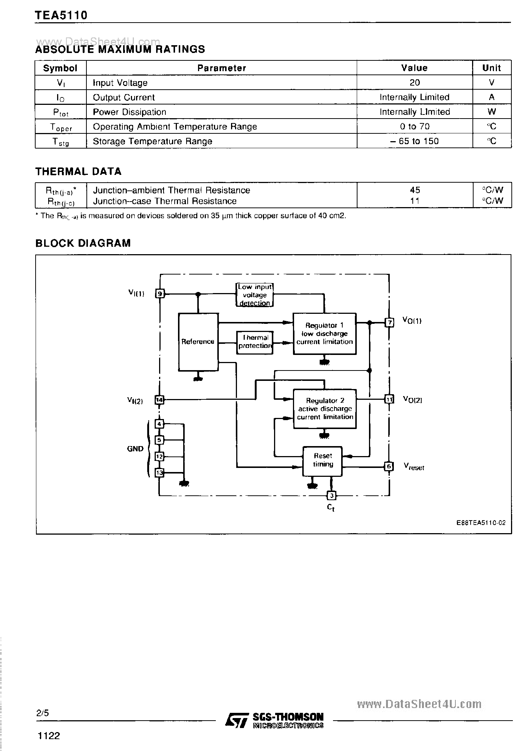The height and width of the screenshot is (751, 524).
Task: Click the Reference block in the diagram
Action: [x=198, y=342]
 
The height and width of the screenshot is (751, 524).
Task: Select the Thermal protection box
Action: [x=255, y=342]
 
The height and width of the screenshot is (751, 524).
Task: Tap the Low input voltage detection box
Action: [x=254, y=295]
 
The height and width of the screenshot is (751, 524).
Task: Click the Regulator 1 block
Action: [x=324, y=333]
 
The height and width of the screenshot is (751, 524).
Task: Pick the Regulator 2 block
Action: [x=324, y=409]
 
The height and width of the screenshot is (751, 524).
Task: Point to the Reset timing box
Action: [x=323, y=461]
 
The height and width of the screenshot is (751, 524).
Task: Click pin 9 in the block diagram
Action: [x=159, y=294]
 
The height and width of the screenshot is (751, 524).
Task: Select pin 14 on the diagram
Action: [x=159, y=400]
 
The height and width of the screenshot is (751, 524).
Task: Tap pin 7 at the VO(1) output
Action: [x=389, y=322]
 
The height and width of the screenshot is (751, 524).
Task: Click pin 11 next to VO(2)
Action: [x=389, y=399]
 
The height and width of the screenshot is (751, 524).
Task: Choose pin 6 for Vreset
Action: [x=389, y=466]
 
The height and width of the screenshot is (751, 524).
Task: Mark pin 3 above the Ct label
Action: [x=332, y=495]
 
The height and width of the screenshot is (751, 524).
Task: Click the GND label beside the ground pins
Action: [x=135, y=449]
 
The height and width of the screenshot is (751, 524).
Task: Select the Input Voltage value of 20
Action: [x=415, y=83]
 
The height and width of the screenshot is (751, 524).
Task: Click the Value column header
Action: [x=414, y=68]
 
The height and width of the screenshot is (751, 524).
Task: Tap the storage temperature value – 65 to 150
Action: [x=415, y=141]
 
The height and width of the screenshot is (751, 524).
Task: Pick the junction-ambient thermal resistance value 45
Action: [x=415, y=190]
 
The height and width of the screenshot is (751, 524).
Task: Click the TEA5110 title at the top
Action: [x=61, y=15]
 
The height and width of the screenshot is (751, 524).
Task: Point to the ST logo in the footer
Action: [x=236, y=719]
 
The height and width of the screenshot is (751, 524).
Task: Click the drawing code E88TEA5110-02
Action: [x=481, y=523]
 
